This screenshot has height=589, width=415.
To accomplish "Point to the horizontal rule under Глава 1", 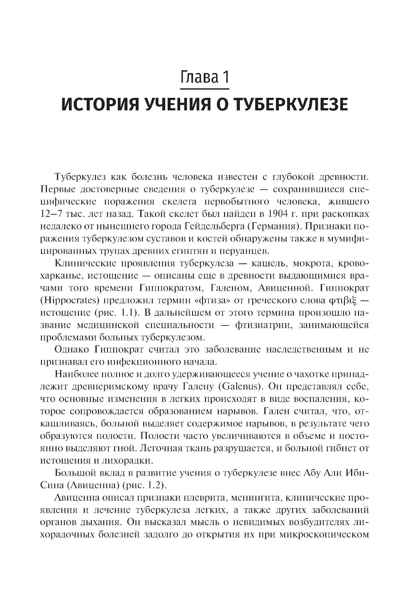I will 205,88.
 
